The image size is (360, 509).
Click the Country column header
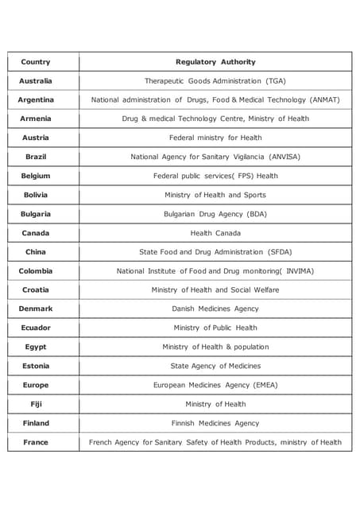point(36,62)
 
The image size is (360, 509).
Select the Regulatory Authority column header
point(215,62)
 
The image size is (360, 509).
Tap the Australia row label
point(36,81)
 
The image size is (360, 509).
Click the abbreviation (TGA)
point(276,81)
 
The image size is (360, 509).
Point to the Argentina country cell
point(36,100)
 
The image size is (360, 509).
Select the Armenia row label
point(36,119)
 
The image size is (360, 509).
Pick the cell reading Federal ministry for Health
point(215,138)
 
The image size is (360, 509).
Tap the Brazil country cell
point(36,157)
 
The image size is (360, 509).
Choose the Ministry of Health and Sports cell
point(215,195)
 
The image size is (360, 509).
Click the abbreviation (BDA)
point(257,214)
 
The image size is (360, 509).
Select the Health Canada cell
point(215,233)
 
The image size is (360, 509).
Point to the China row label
point(36,252)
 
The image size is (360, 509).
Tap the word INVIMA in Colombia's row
point(299,271)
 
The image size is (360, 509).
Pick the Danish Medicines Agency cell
point(215,309)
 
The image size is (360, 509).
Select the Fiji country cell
point(36,404)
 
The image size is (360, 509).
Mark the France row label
point(36,442)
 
